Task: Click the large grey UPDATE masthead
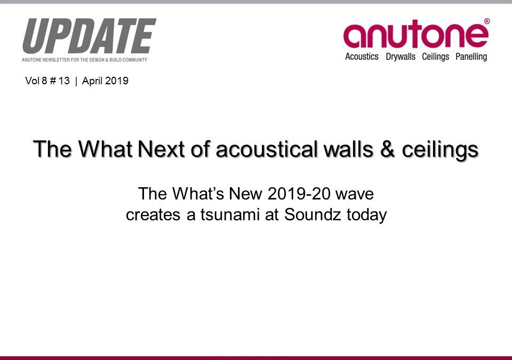coord(89,37)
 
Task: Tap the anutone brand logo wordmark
coord(415,35)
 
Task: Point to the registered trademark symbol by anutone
coord(486,21)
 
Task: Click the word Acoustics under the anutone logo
coord(362,57)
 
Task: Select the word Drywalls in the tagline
coord(401,57)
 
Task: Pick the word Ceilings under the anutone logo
coord(436,57)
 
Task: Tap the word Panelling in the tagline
coord(471,57)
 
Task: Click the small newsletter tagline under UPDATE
coord(85,59)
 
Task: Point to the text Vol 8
coord(36,81)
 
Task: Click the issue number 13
coord(64,81)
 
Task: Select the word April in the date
coord(92,81)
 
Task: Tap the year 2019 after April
coord(117,81)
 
